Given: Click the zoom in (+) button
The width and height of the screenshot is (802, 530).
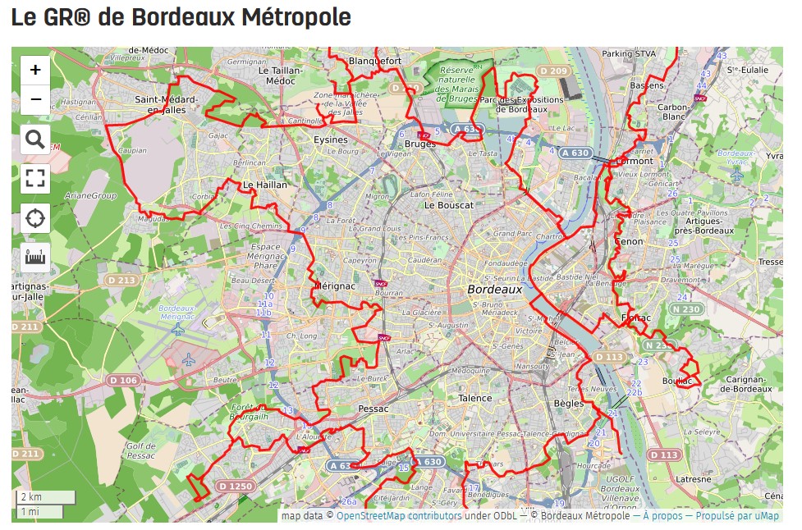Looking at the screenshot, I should (x=35, y=71).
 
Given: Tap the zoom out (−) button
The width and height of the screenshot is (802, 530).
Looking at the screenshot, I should (x=35, y=100).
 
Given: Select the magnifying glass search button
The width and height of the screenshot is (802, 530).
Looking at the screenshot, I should (x=35, y=139).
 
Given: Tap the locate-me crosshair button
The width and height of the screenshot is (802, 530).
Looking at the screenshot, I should (x=35, y=218).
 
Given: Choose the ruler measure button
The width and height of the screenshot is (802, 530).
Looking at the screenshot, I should (x=35, y=258).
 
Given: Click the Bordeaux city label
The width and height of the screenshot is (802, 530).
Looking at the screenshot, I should (x=495, y=290).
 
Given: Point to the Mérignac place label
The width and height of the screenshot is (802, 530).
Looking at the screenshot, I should (x=333, y=285).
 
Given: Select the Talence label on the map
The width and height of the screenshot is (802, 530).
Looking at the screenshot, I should (x=474, y=398).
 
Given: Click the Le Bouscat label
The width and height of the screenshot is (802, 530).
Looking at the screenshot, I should (x=449, y=205).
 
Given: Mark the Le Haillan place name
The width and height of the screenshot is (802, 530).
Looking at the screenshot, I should (x=265, y=185).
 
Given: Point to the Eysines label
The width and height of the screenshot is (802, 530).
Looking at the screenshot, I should (x=332, y=140).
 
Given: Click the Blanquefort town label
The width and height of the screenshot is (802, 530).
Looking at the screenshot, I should (x=375, y=61).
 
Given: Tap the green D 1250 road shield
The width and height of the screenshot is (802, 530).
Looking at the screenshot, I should (x=236, y=487).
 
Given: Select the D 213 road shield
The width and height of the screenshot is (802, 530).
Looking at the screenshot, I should (x=121, y=281).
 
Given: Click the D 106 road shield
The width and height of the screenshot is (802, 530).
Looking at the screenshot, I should (x=123, y=380).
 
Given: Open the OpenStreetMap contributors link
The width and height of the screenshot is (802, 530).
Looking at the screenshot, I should (x=398, y=516).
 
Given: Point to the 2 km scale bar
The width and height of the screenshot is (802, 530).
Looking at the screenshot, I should (x=46, y=497).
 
